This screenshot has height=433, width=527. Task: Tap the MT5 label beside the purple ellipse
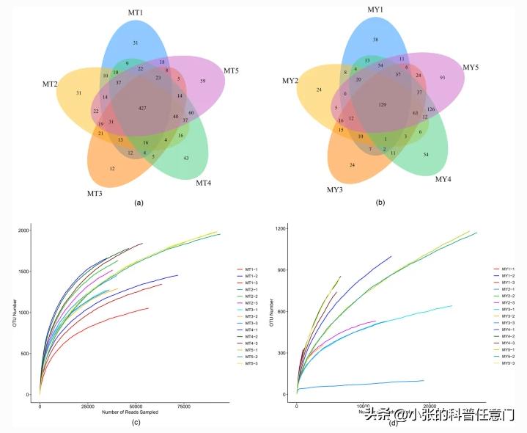tap(232, 71)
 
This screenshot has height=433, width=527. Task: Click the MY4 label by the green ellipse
tap(443, 179)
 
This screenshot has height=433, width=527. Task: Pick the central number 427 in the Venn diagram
tap(142, 108)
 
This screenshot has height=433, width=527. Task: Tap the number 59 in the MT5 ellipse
tap(202, 81)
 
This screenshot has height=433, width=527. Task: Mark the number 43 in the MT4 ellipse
tap(185, 159)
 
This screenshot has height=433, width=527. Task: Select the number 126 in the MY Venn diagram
tap(431, 109)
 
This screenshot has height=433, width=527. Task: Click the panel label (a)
tap(139, 203)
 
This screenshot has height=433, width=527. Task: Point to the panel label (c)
tap(136, 421)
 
